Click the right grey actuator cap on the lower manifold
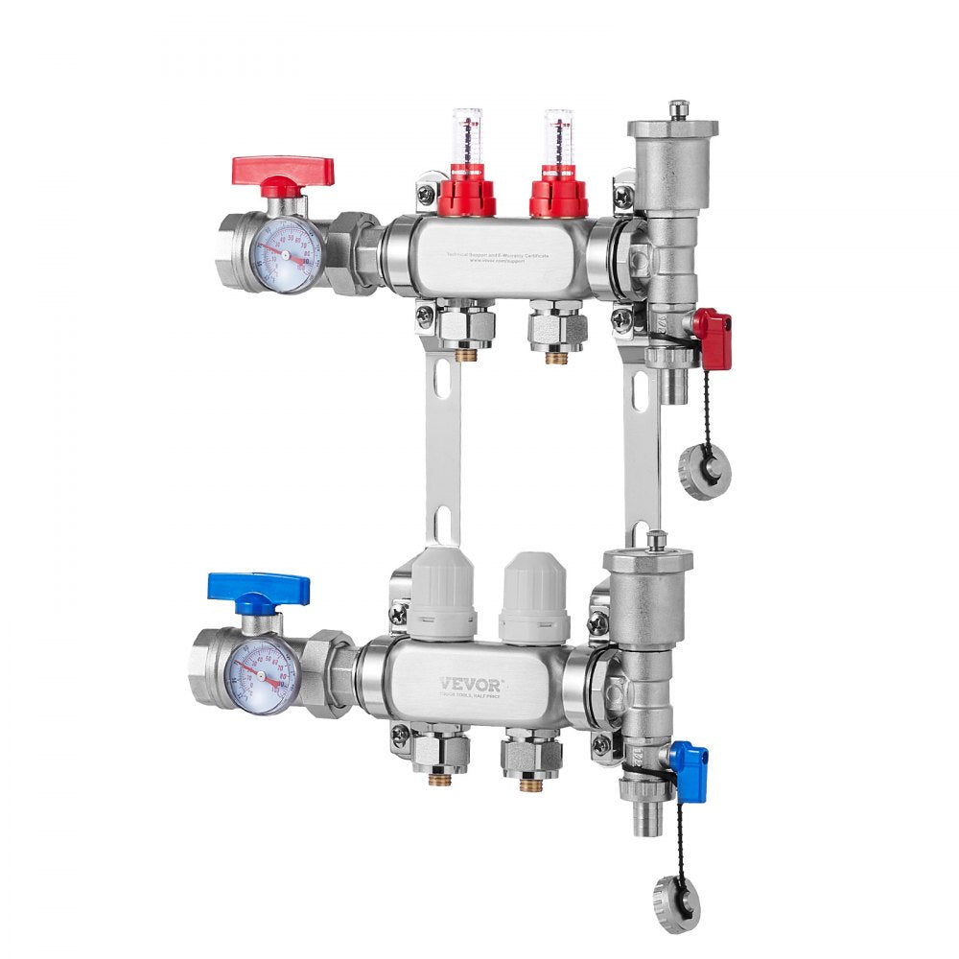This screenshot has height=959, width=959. pyautogui.click(x=534, y=596)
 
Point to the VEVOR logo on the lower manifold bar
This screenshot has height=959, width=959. pyautogui.click(x=470, y=684)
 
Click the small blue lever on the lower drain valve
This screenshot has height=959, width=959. pyautogui.click(x=689, y=770)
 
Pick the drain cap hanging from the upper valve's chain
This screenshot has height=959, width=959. pyautogui.click(x=705, y=470)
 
